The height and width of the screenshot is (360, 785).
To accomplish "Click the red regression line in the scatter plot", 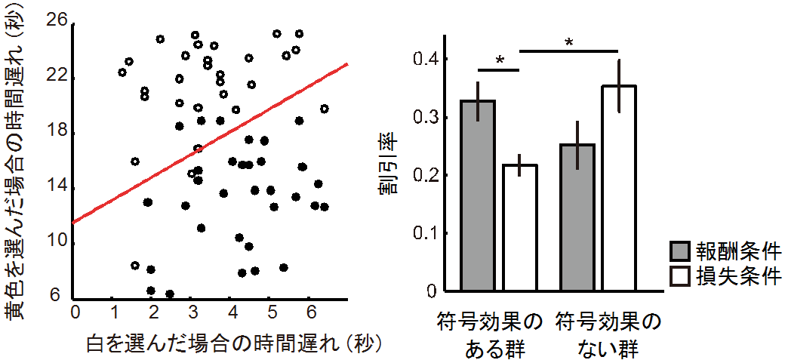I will coord(211,143).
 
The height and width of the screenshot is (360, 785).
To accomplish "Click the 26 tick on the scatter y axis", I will coord(57,23).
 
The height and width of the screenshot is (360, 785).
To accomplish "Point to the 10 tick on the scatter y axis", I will coord(57,242).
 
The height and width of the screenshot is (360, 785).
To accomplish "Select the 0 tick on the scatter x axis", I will coord(75,311).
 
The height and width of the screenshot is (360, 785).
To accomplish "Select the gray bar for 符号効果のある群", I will coord(479,195).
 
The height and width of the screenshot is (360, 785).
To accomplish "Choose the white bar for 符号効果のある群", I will coord(519,227).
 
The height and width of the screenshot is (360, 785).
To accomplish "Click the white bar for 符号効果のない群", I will coord(619,188).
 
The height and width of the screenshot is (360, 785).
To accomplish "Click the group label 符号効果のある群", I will coord(489,337).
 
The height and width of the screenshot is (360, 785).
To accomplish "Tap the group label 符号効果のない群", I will coord(608,337).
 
